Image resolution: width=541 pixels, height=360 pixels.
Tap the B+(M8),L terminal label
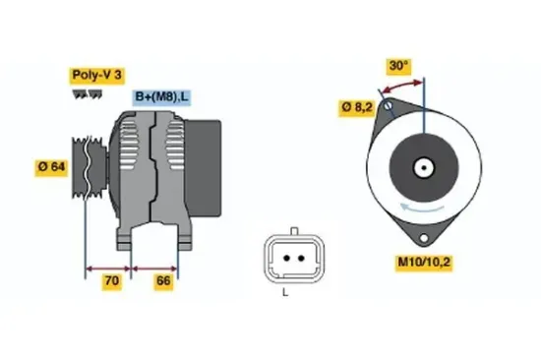click(162, 96)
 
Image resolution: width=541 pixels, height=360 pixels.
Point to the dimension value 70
click(112, 282)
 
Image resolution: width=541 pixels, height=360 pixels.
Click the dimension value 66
click(164, 282)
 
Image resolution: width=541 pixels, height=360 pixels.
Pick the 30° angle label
click(398, 66)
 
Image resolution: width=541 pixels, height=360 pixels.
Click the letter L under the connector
click(285, 292)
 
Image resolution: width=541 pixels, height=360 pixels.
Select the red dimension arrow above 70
click(112, 267)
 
